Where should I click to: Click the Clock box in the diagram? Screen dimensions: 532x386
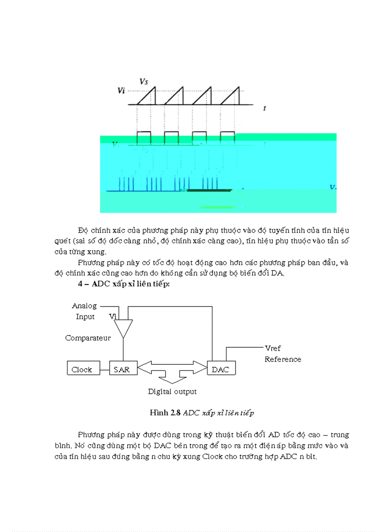click(82, 369)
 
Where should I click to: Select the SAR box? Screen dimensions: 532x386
click(123, 369)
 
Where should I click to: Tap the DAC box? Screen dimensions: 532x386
click(221, 369)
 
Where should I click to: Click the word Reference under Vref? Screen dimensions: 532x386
click(283, 359)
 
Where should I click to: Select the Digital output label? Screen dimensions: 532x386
click(172, 392)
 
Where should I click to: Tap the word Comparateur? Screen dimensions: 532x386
click(88, 338)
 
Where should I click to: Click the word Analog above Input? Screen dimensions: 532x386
click(84, 306)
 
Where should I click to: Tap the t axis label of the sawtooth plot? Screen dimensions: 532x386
click(264, 108)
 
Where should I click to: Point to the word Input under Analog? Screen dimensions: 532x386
click(85, 316)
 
